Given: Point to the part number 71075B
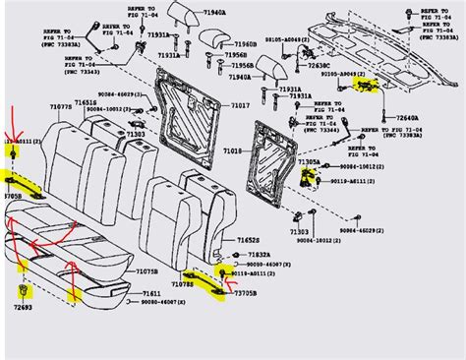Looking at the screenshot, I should pyautogui.click(x=148, y=271).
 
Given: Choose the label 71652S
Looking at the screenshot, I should pyautogui.click(x=235, y=240).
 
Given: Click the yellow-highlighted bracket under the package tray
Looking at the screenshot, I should pyautogui.click(x=365, y=87).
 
